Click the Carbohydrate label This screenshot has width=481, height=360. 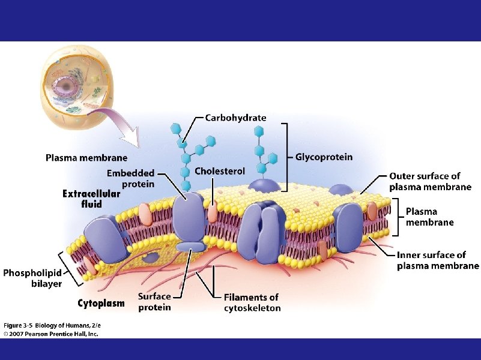235,118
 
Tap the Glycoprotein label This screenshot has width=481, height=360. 324,157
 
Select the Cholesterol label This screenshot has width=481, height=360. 220,172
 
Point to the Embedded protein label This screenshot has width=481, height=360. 130,179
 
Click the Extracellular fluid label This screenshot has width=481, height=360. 91,199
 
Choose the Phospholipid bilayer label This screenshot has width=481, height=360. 32,278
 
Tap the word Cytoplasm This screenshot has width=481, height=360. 101,303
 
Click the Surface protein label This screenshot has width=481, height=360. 154,302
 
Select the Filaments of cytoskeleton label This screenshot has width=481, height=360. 252,302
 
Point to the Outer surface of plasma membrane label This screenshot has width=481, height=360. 430,181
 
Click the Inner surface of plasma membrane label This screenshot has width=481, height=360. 438,261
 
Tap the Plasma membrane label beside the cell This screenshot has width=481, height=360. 86,158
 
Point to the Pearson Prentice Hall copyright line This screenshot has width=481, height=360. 50,334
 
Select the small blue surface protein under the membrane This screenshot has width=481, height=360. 190,246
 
